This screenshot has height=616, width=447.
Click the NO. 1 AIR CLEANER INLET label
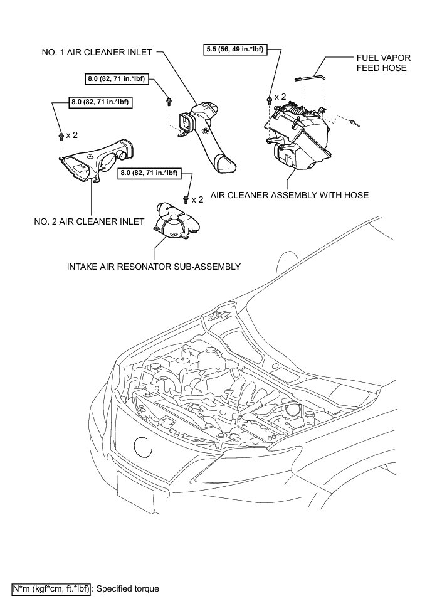(x=95, y=53)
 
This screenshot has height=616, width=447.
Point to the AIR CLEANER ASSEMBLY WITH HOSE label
(x=289, y=195)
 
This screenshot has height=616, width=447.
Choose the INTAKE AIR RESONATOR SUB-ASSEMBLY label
(x=154, y=267)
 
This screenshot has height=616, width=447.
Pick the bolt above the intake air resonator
(x=186, y=199)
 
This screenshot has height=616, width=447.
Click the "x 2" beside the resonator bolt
(x=198, y=199)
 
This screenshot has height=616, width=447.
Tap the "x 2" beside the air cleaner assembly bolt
(x=280, y=97)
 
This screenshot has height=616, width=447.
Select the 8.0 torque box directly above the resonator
(x=148, y=173)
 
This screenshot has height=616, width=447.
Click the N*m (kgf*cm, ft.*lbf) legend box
(x=51, y=589)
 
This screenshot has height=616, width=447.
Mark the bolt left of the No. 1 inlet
(x=169, y=101)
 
